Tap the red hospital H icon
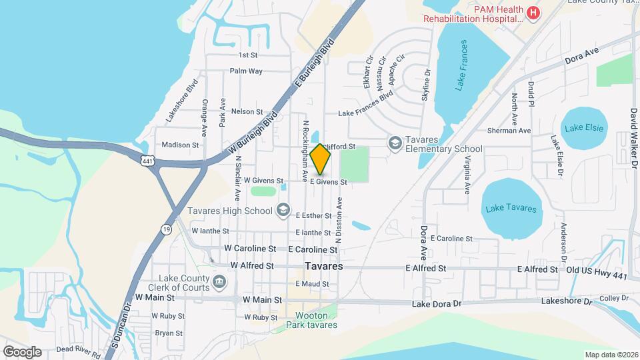tap(533, 12)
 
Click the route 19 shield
tap(165, 229)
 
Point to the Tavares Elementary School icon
tap(395, 143)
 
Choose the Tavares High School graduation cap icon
tap(283, 211)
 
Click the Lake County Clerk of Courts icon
tap(219, 283)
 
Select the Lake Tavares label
tap(511, 209)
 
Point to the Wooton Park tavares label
tap(311, 321)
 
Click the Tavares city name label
tap(323, 266)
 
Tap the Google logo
tap(22, 351)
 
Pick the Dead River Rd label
tap(79, 349)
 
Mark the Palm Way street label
tap(246, 71)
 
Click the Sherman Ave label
tap(509, 131)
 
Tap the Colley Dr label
tap(609, 299)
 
